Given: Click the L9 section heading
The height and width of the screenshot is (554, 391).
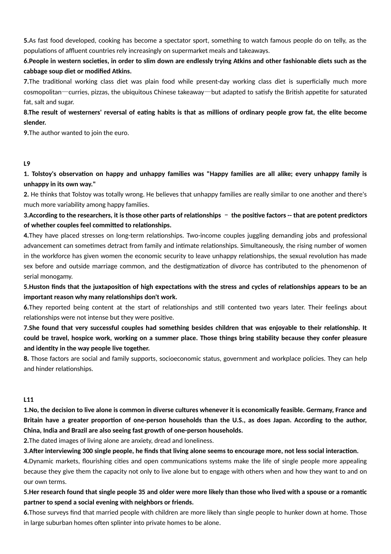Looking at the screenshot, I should coord(27,164).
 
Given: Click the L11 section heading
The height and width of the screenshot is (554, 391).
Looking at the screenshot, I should coord(28,399).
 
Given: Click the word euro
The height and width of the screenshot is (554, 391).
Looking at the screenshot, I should coord(122,133).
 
